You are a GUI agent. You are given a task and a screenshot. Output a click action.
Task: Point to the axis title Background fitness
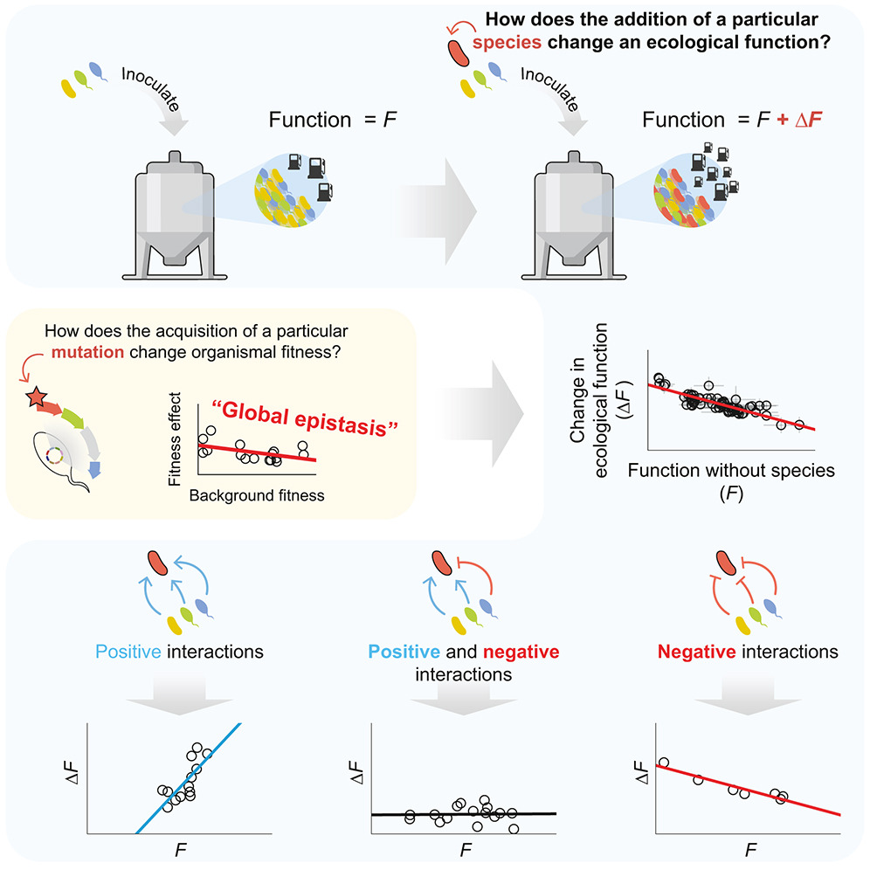click(x=256, y=495)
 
